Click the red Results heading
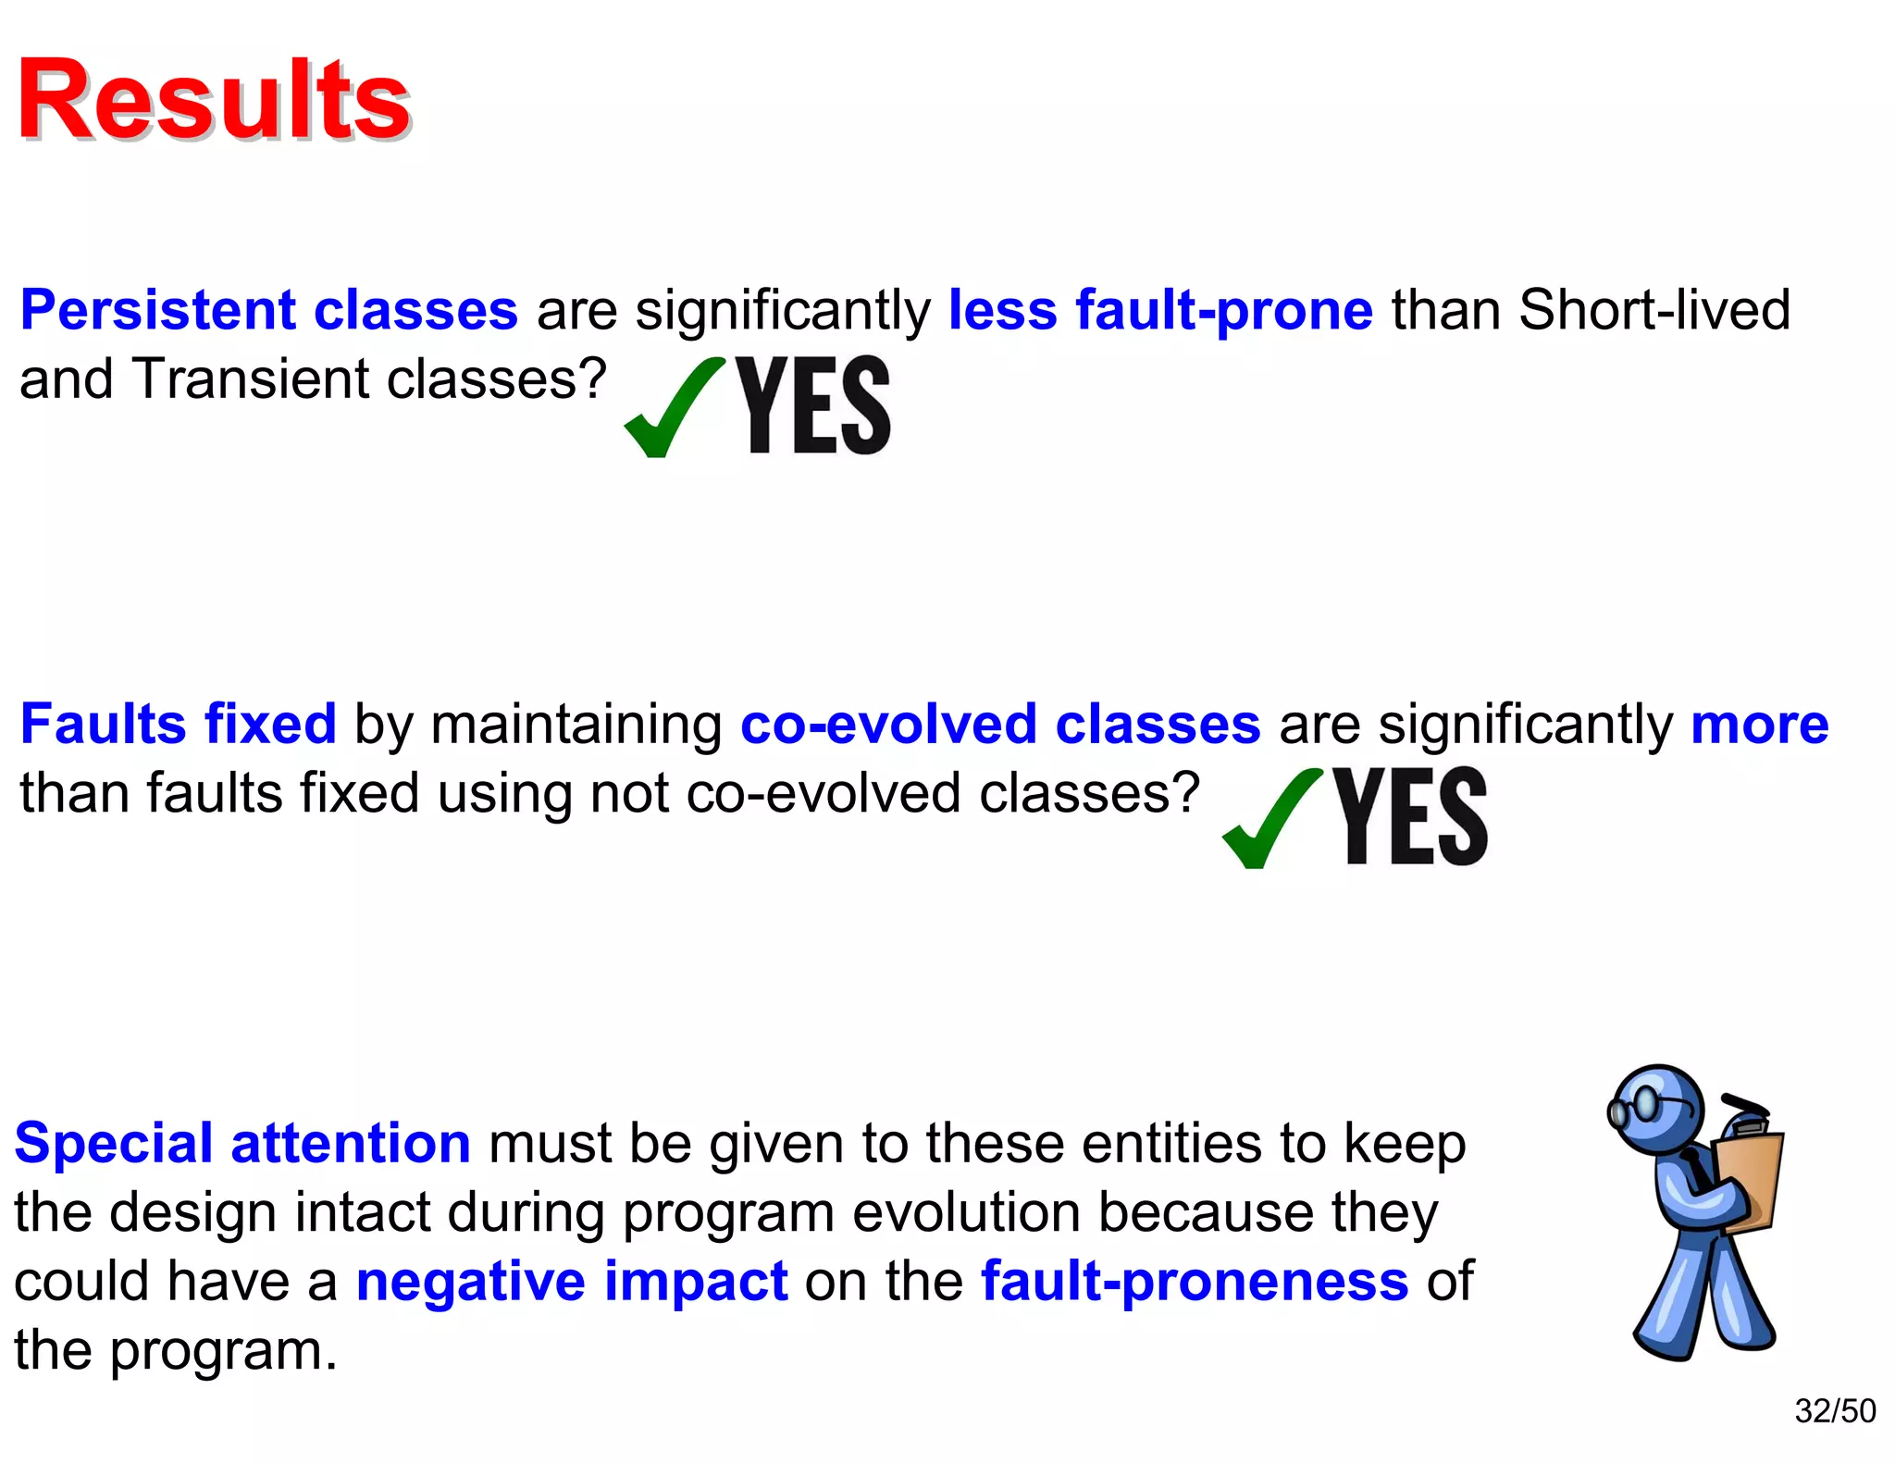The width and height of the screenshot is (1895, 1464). point(214,100)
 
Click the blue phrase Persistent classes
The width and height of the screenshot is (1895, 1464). point(268,310)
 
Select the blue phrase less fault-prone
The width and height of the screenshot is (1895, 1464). point(1160,310)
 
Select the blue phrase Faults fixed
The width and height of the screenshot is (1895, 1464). point(178,724)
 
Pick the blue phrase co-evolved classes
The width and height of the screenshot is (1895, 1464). point(999,724)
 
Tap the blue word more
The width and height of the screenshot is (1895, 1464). point(1759,724)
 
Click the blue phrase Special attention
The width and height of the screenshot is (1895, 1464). point(242,1143)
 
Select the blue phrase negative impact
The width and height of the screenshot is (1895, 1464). point(572,1282)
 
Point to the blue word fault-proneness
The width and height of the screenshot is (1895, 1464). point(1194,1282)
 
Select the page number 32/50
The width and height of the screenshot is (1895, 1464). point(1834,1411)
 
